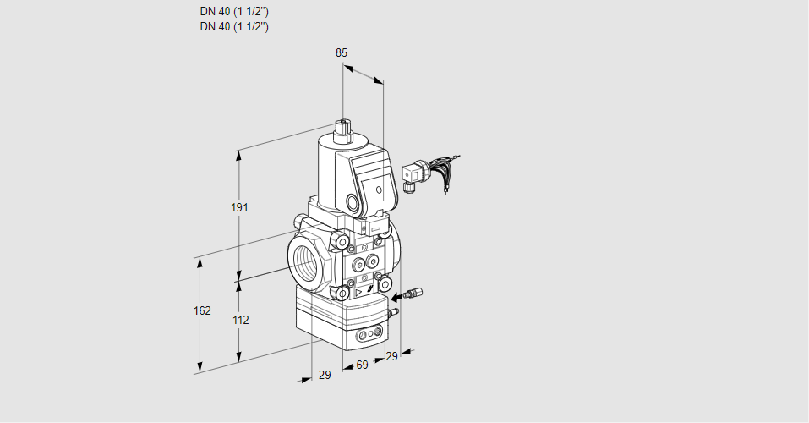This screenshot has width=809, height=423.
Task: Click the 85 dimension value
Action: pos(342,52)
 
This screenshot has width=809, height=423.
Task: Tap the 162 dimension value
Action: pos(202,310)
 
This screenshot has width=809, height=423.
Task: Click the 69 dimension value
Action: pos(362,365)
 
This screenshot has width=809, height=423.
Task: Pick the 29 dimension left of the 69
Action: pos(325,375)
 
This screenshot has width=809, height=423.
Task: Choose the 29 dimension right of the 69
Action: pos(391,357)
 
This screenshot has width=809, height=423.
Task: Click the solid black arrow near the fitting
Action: pos(396,297)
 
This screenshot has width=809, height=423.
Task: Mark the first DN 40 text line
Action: pos(234,12)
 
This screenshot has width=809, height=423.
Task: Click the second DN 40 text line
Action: pos(234,26)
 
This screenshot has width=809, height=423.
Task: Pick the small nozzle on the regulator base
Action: pos(391,314)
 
